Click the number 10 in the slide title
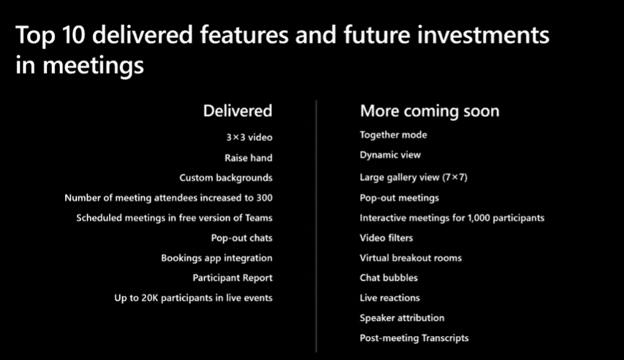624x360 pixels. (x=74, y=34)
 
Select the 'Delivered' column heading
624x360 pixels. (x=238, y=110)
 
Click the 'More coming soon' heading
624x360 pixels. (x=429, y=110)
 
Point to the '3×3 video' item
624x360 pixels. (x=249, y=138)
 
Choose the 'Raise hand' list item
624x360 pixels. (x=249, y=158)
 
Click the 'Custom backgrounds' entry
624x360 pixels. (x=226, y=178)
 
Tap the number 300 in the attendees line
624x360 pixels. (x=265, y=198)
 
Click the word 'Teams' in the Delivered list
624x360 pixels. (x=259, y=218)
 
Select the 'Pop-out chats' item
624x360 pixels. (x=242, y=238)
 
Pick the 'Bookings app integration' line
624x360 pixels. (x=217, y=258)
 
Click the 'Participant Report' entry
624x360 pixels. (x=233, y=278)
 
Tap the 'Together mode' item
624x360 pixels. (x=393, y=135)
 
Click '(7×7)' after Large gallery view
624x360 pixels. (x=455, y=177)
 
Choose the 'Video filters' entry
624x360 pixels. (x=386, y=238)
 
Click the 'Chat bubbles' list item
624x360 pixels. (x=388, y=277)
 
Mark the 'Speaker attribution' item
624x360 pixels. (x=402, y=318)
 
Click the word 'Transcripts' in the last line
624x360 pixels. (x=445, y=338)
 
